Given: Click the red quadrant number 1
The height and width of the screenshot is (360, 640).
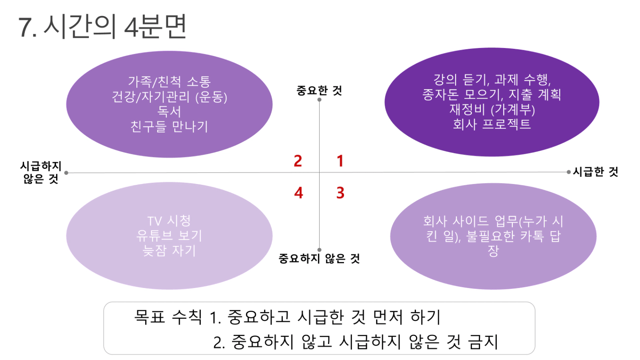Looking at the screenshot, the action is coord(340,161).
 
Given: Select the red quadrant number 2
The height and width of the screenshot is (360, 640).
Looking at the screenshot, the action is coord(298,161).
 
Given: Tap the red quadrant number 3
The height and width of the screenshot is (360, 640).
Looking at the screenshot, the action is coord(340,193).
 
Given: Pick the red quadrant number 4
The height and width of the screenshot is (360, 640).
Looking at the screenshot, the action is coord(299,193).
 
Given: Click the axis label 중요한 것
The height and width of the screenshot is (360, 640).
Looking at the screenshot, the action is coord(319,91).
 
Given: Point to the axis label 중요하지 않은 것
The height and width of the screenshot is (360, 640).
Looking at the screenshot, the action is coord(319,259).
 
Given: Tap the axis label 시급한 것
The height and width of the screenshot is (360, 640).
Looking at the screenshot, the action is coord(595,172).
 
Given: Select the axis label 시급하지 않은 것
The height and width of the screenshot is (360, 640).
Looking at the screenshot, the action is coord(41,172).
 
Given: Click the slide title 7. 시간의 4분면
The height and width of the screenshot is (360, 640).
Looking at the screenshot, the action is coord(102,27).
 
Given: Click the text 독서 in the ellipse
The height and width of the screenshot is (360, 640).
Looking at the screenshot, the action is coord(169,112).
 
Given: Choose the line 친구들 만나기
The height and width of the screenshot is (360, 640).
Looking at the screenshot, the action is coord(169,126).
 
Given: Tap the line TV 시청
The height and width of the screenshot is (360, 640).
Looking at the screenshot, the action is coord(169,221).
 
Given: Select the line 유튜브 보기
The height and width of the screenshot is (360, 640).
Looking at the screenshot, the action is coord(169,236).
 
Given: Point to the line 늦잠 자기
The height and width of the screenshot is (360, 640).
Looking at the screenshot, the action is coord(169,251).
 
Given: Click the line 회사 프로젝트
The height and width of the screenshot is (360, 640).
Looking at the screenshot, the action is coord(492,124).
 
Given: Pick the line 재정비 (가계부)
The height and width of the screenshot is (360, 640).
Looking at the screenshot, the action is coord(492,109).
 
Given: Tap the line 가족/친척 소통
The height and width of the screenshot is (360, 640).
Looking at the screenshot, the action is coord(169,82).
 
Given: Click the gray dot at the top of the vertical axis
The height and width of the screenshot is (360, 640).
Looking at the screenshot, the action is coord(320,100).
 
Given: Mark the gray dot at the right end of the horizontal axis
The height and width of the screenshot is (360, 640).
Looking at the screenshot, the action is coord(568,172).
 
